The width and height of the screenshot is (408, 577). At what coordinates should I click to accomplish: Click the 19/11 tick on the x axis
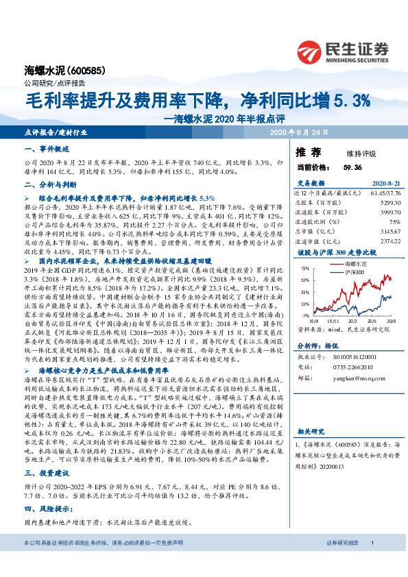tap(334, 320)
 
